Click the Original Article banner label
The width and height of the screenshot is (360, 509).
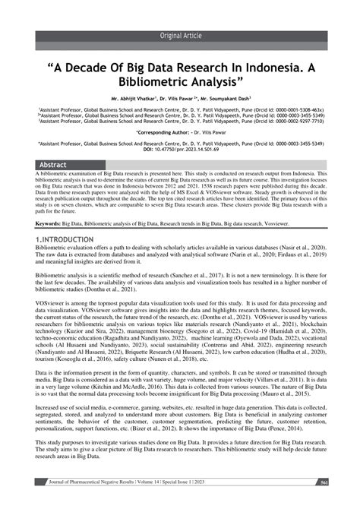coord(180,36)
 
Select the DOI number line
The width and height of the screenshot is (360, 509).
coord(180,148)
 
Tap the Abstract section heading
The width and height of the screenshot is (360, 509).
coord(53,165)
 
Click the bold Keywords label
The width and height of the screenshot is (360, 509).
coord(49,224)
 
